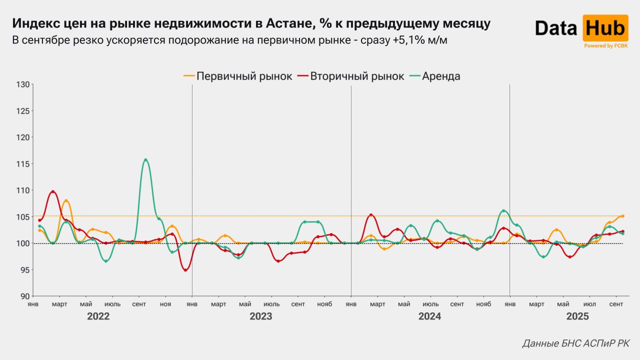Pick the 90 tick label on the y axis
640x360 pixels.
coord(24,296)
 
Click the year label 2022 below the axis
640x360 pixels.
coord(98,316)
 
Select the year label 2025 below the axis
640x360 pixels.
coord(577,316)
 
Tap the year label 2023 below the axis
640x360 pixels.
coord(260,316)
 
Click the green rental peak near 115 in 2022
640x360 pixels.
coord(145,160)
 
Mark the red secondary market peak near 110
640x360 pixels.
coord(53,191)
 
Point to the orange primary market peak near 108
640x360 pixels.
coord(66,201)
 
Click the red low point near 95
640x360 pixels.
coord(185,270)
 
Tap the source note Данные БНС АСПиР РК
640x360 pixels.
coord(575,343)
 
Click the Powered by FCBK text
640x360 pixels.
coord(605,45)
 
